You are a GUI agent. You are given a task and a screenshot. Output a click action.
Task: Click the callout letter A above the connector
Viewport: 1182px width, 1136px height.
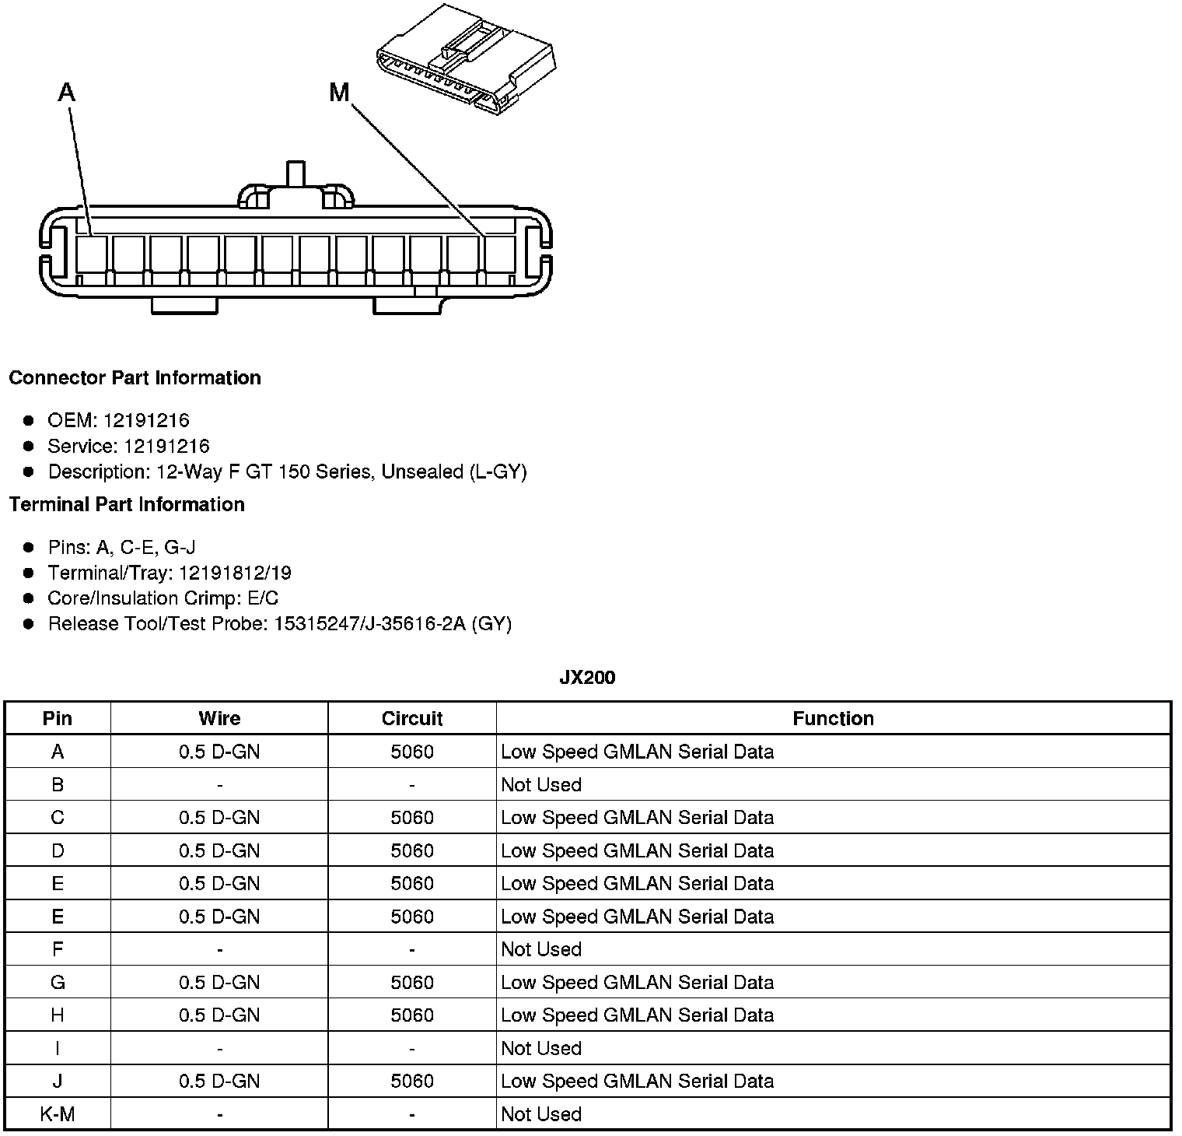coord(67,93)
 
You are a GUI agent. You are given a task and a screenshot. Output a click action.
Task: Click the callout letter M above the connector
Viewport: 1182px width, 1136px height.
coord(339,93)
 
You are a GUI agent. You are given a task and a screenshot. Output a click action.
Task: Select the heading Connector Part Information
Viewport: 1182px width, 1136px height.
coord(135,378)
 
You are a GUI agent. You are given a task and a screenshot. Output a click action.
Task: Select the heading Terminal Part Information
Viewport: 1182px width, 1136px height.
coord(127,505)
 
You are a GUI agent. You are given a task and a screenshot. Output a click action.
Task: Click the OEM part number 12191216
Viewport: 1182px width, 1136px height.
coord(146,421)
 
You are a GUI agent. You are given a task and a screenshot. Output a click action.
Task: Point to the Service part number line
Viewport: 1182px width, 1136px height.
coord(128,447)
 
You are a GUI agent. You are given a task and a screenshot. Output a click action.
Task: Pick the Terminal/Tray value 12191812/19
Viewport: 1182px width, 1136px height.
coord(235,573)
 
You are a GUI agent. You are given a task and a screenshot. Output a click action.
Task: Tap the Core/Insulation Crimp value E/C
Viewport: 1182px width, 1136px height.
coord(261,598)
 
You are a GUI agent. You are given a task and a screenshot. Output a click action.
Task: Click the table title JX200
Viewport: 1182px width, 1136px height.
coord(587,678)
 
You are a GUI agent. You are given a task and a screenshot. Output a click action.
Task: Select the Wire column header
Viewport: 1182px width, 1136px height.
coord(219,719)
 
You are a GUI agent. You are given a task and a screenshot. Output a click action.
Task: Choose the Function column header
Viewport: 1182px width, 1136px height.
coord(833,719)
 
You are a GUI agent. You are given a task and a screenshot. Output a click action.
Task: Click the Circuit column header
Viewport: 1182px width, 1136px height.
coord(412,719)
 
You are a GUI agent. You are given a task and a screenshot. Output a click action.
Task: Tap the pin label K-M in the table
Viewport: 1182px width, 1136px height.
coord(58,1114)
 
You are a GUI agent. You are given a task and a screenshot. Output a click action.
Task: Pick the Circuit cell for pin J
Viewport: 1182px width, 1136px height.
coord(412,1081)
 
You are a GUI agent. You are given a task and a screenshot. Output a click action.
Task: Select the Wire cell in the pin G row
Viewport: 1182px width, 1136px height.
coord(219,983)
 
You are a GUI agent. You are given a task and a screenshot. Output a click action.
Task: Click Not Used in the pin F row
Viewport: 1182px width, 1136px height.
coord(541,949)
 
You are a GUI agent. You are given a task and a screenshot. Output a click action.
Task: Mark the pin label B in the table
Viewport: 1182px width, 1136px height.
coord(58,785)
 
